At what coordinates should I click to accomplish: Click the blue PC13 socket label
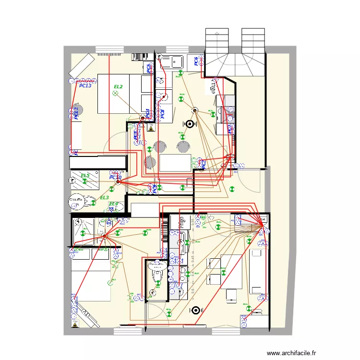tap(85, 85)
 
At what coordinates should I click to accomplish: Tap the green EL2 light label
tap(118, 87)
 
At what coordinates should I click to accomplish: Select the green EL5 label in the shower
tap(85, 176)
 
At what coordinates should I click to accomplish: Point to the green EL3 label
tap(104, 198)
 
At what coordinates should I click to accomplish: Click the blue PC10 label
tap(115, 178)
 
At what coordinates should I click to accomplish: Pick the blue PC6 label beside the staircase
tap(196, 61)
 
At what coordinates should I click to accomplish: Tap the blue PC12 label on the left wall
tap(75, 113)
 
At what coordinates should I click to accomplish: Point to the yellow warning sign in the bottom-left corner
tap(75, 325)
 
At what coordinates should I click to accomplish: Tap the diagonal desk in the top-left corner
tap(82, 65)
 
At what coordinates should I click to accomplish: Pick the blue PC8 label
tap(163, 114)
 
